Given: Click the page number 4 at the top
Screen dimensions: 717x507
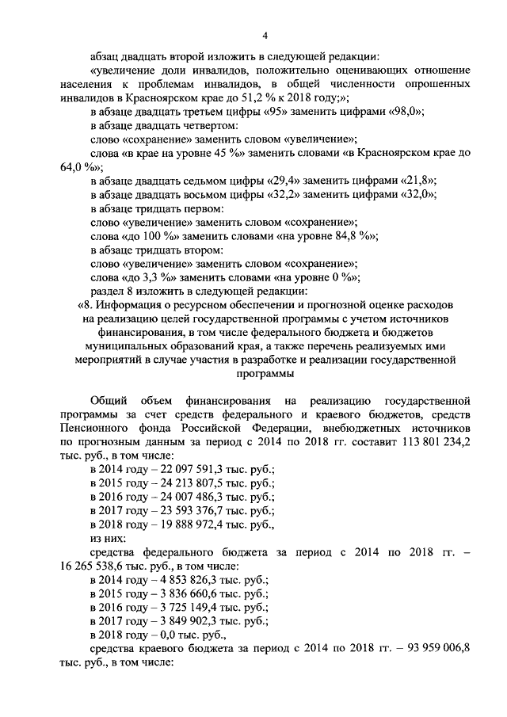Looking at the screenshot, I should [x=266, y=34].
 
